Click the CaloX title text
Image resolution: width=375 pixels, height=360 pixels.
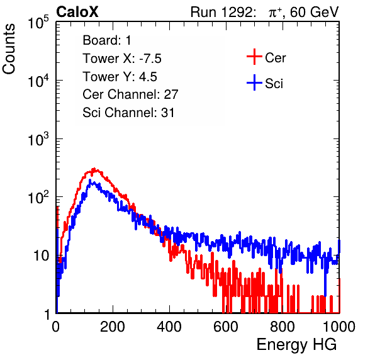77,12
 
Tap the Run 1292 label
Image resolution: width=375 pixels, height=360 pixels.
221,12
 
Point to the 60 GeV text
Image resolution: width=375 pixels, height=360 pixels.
314,12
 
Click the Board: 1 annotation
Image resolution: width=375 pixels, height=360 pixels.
107,40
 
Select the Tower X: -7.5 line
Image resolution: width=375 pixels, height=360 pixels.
122,59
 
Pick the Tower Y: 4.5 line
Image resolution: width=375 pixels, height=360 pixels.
120,77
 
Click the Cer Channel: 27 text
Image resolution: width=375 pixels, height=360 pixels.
130,94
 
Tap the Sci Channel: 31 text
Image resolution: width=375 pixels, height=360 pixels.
128,113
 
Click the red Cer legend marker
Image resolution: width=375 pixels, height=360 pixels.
254,57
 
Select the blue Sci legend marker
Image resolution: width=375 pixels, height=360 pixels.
254,83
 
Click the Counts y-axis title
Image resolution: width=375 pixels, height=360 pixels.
9,48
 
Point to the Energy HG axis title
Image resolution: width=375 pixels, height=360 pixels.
296,344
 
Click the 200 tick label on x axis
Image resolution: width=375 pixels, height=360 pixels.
113,327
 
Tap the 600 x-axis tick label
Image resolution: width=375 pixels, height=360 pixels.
226,327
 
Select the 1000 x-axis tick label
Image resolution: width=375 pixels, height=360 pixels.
339,327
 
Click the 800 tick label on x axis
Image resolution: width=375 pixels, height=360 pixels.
283,327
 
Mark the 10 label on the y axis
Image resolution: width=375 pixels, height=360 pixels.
41,256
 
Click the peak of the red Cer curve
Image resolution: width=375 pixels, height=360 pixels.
94,169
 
